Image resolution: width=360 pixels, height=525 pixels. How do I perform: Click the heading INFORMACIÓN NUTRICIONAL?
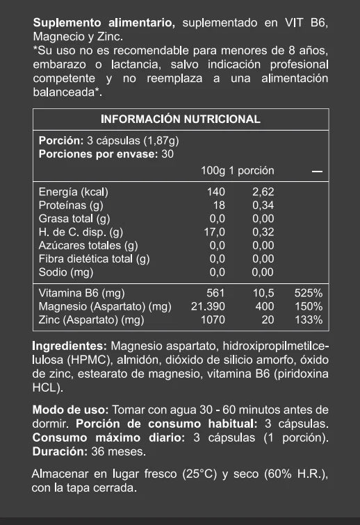pos(181,119)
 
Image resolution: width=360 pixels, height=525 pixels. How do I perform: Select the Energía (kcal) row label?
pos(74,192)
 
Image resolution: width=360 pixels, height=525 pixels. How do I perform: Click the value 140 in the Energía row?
pos(217,192)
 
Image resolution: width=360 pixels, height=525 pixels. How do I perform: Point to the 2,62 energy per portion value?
pos(263,192)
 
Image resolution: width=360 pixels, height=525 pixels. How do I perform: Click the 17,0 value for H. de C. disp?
pos(215,233)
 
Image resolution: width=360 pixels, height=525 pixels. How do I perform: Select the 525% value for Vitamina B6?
pos(309,293)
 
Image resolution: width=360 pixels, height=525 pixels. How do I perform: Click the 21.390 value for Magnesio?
pos(208,306)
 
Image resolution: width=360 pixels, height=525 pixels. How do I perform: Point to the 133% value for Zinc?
pos(309,320)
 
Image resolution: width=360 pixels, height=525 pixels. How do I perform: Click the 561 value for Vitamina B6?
pos(217,293)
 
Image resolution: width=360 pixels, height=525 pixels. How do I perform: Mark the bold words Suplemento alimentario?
pos(104,24)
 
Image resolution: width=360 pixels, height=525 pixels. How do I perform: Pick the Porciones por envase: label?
pos(98,153)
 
